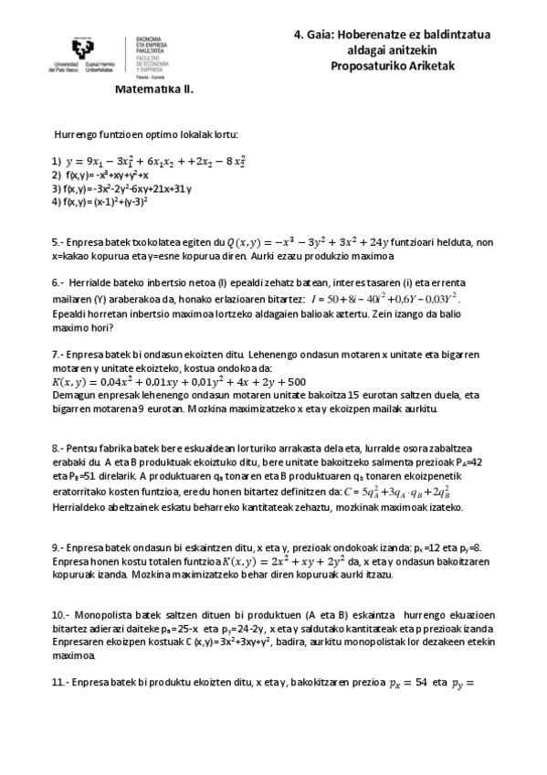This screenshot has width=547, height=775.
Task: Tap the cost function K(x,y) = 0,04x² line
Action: point(178,381)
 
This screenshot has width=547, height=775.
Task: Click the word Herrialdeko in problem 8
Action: point(82,506)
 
